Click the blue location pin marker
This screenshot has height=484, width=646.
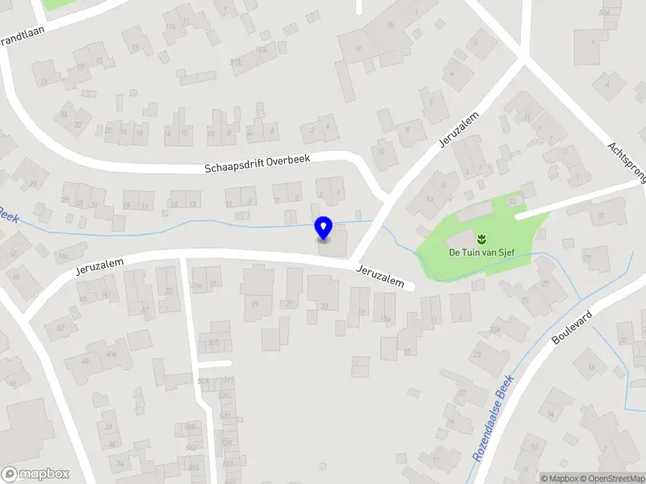click(324, 228)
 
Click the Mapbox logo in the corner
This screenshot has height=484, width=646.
click(36, 474)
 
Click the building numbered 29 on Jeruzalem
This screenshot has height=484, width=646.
click(255, 303)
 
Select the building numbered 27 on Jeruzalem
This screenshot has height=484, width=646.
click(291, 303)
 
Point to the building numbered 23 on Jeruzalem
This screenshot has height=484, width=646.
click(324, 306)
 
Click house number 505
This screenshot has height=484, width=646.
click(214, 342)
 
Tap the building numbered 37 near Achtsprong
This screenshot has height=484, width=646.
click(600, 215)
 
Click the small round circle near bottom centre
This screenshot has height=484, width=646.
click(324, 466)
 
